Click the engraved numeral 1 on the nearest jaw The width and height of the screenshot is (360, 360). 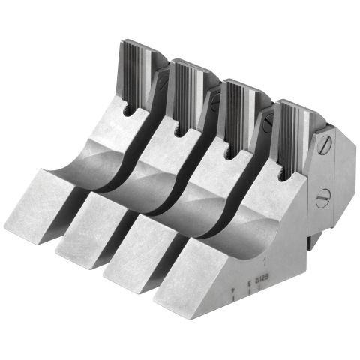pyautogui.click(x=268, y=262)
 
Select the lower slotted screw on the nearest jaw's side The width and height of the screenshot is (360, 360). pyautogui.click(x=323, y=199)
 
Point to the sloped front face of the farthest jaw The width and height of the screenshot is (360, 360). pyautogui.click(x=45, y=202)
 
